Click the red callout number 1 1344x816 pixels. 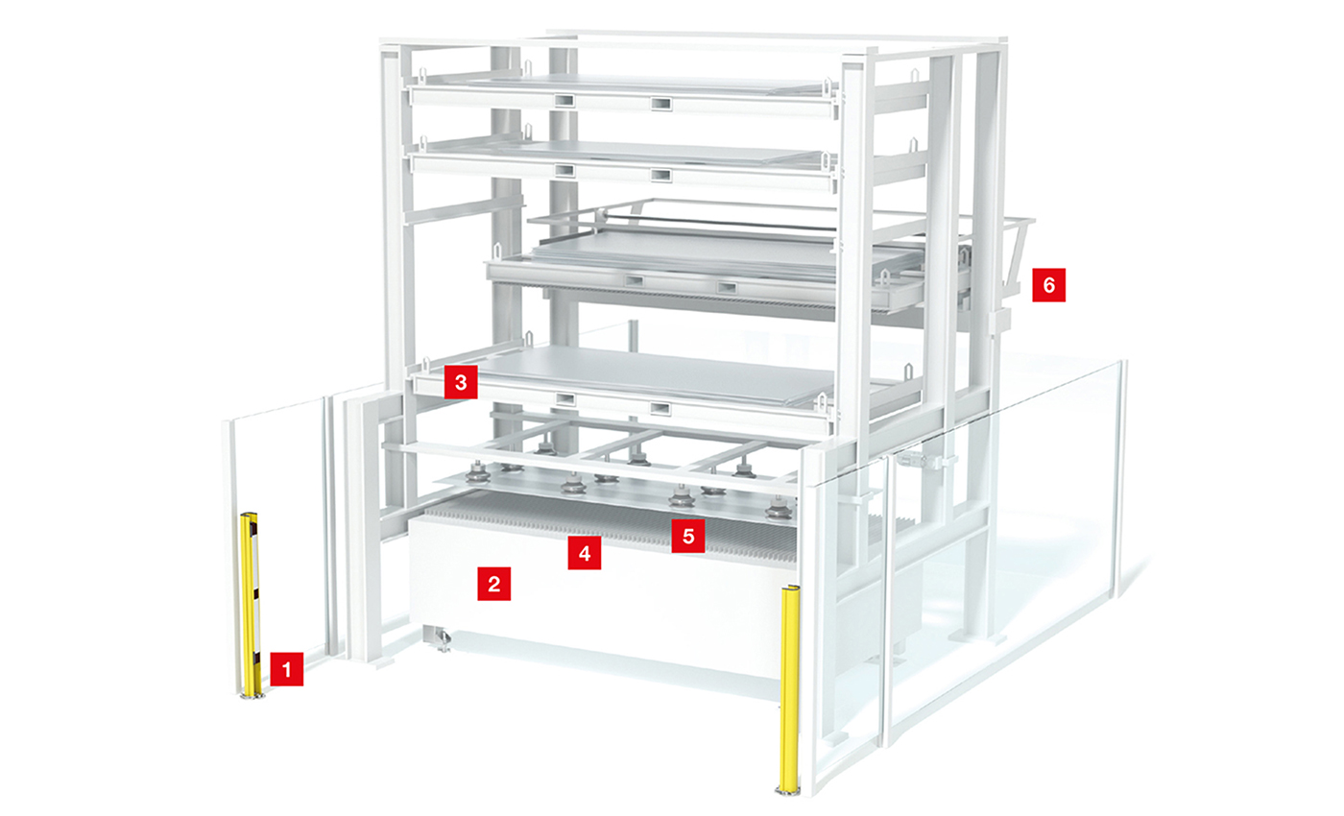pyautogui.click(x=287, y=668)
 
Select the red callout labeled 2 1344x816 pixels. pyautogui.click(x=493, y=584)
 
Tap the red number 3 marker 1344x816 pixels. pyautogui.click(x=461, y=382)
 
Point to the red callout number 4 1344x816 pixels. pyautogui.click(x=585, y=553)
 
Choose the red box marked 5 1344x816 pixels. pyautogui.click(x=688, y=536)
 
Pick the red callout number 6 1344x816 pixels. pyautogui.click(x=1048, y=285)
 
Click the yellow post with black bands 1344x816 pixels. pyautogui.click(x=251, y=603)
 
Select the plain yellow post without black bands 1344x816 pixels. pyautogui.click(x=789, y=690)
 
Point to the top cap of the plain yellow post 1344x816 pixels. pyautogui.click(x=790, y=588)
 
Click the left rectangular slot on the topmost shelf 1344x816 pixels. pyautogui.click(x=564, y=100)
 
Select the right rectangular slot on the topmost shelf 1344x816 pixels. pyautogui.click(x=660, y=105)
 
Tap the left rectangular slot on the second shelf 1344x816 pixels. pyautogui.click(x=564, y=171)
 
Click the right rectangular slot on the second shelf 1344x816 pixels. pyautogui.click(x=660, y=176)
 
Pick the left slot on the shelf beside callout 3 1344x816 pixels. pyautogui.click(x=564, y=399)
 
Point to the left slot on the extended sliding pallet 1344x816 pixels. pyautogui.click(x=634, y=281)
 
